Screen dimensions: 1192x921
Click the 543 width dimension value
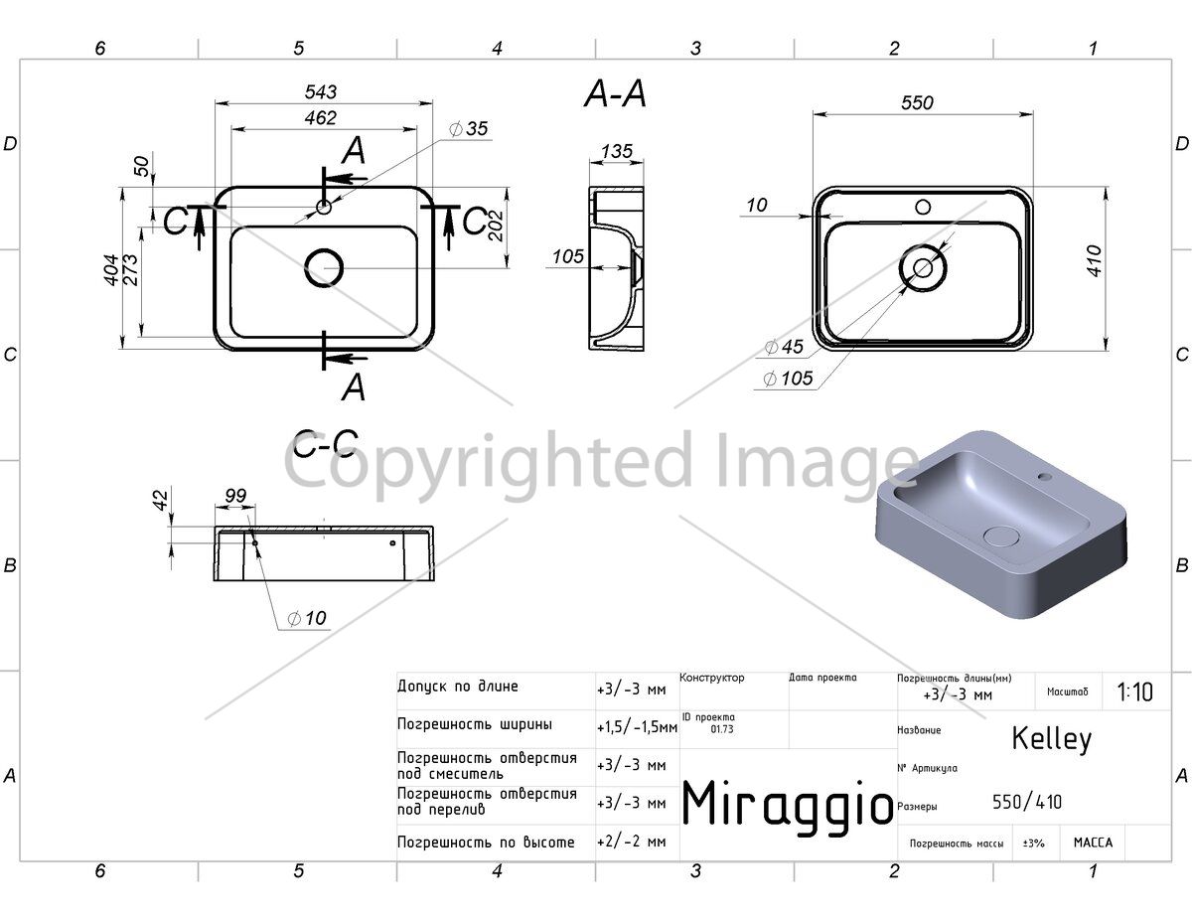(321, 91)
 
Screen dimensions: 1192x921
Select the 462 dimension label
(321, 117)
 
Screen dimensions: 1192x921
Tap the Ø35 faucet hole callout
(469, 129)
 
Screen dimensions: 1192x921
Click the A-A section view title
(615, 93)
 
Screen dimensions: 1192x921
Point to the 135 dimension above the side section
(617, 151)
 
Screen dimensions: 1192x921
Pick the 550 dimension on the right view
(917, 102)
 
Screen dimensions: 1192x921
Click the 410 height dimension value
(1094, 261)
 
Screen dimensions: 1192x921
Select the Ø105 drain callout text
(789, 378)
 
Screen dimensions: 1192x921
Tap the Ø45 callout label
(784, 347)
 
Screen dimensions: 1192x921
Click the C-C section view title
(325, 444)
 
